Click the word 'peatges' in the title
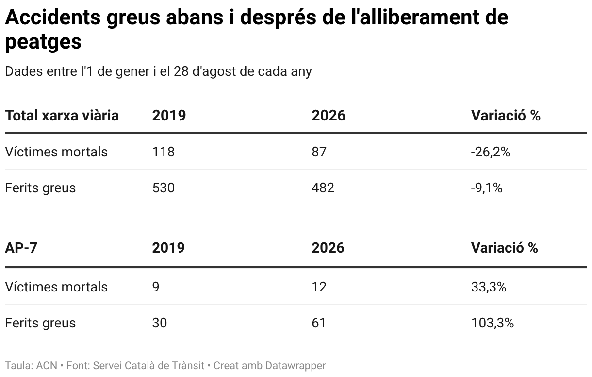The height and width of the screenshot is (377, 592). [43, 42]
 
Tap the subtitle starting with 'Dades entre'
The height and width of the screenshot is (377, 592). [158, 71]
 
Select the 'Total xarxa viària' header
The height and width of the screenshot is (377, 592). [62, 115]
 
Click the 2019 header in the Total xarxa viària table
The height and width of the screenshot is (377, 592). [169, 115]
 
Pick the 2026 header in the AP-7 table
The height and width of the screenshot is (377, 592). [328, 248]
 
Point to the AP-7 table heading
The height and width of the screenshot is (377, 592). [21, 248]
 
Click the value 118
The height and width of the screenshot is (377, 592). [164, 152]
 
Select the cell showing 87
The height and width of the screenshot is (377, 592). [319, 152]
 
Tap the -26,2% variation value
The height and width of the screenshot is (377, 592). [490, 152]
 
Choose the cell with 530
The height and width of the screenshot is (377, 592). [164, 188]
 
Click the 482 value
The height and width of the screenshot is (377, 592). [323, 188]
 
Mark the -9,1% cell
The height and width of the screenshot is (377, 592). [487, 188]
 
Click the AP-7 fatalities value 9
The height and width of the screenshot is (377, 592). [156, 287]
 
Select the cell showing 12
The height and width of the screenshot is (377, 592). [319, 287]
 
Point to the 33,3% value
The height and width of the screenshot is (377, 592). [489, 287]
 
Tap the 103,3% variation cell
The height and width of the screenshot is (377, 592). [493, 323]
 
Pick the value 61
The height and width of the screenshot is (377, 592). [319, 323]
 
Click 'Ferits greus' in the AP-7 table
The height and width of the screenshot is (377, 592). [40, 323]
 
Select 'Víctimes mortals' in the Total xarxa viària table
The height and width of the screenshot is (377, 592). [56, 152]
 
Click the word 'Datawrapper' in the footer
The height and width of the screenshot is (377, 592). [296, 366]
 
